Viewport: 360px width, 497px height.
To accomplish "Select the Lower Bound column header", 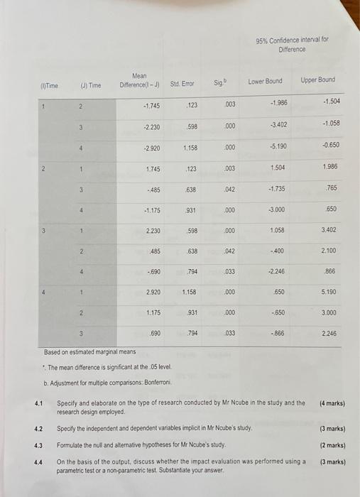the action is tap(265, 82).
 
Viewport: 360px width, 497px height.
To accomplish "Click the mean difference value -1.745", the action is tap(151, 106).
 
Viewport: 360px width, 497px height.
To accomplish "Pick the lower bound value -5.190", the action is tap(278, 147).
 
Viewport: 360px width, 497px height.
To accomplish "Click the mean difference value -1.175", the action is tap(153, 210).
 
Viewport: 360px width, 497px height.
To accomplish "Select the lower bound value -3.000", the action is tap(277, 209).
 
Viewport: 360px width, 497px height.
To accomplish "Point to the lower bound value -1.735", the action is tap(277, 189).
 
